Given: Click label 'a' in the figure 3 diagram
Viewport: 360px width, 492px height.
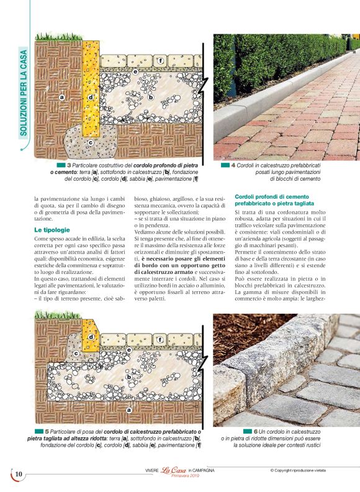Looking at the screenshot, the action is click(61, 97).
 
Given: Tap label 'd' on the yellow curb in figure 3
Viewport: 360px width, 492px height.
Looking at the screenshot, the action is click(91, 97).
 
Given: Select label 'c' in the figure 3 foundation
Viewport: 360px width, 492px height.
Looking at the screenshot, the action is click(91, 142).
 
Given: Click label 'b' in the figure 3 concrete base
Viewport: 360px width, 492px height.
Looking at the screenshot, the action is click(150, 97).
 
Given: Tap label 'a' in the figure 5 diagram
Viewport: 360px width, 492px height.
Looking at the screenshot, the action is click(128, 410).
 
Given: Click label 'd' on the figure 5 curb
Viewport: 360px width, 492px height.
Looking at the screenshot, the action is click(91, 337).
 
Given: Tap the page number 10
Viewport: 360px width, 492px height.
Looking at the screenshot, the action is click(19, 475).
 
